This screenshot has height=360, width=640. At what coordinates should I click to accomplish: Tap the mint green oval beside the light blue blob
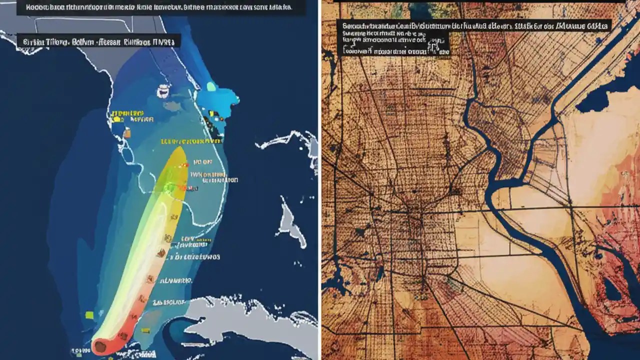tap(211, 86)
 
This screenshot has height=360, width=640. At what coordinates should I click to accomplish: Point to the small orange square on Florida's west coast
tap(127, 133)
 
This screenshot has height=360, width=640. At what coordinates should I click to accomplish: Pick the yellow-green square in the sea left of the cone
tap(89, 314)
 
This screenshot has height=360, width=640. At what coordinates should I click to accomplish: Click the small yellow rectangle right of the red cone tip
tap(146, 330)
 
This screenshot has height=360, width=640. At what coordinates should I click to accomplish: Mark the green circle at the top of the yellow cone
tap(170, 187)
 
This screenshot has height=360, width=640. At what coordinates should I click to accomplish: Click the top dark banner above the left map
tap(160, 7)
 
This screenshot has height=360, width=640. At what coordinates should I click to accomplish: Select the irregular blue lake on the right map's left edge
tap(332, 285)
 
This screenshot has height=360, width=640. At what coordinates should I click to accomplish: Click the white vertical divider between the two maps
tap(319, 180)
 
